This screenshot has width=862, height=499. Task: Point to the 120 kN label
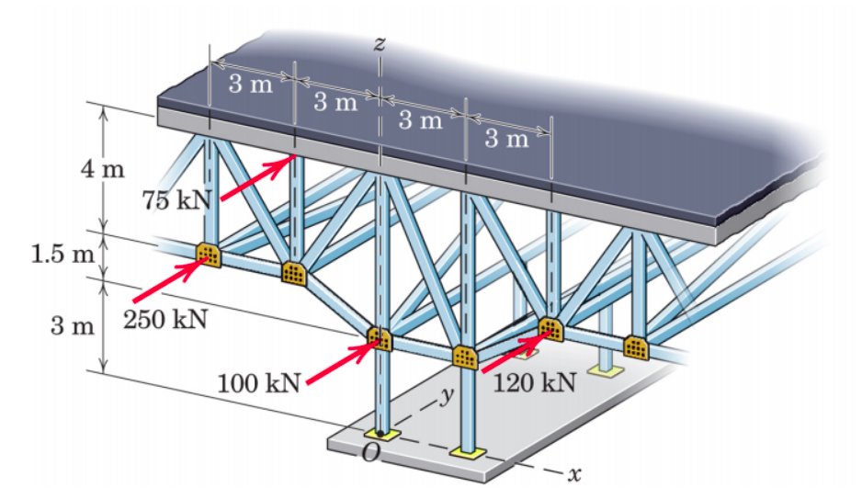pos(534,382)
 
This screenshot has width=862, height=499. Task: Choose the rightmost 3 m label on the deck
pos(506,139)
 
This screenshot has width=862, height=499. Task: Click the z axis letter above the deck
pos(379,42)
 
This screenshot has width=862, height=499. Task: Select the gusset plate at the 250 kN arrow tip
pos(208,255)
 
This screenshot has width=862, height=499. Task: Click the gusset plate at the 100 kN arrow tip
pos(380,338)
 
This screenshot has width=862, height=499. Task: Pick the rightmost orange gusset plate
pos(635,347)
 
